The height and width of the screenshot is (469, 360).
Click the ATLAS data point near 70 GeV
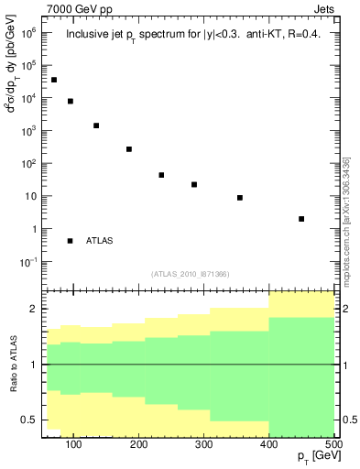54,80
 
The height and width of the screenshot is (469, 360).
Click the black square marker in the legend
70,241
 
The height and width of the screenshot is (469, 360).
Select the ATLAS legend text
100,241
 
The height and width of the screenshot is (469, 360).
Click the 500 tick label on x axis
333,444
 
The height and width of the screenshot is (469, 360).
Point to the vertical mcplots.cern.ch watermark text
347,220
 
